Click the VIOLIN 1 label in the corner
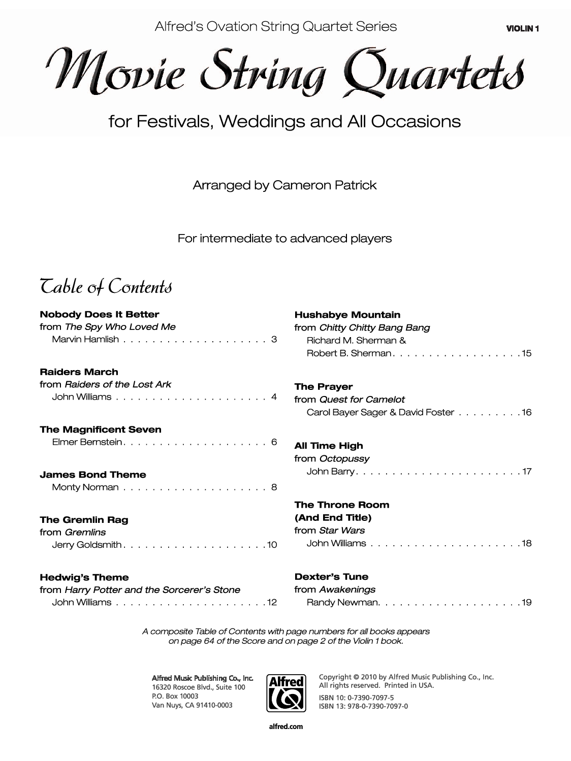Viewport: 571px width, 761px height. [x=522, y=29]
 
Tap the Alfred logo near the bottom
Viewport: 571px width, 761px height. [x=285, y=693]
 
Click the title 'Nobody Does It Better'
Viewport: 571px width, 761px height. [x=100, y=314]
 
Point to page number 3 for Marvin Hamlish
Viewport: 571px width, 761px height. [x=274, y=339]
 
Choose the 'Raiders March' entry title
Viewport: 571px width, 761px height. [x=79, y=372]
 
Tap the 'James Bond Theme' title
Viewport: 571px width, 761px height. [x=93, y=475]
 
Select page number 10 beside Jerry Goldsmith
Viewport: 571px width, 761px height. [x=272, y=545]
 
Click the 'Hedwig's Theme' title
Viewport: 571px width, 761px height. [x=84, y=577]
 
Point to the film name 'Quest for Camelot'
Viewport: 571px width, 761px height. [x=362, y=400]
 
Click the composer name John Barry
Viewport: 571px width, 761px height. [x=330, y=472]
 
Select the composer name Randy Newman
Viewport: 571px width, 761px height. [x=343, y=603]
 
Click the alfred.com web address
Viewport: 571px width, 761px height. [x=285, y=726]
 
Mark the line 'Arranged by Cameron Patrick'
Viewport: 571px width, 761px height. [x=284, y=185]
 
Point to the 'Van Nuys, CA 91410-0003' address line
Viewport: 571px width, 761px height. [x=192, y=705]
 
